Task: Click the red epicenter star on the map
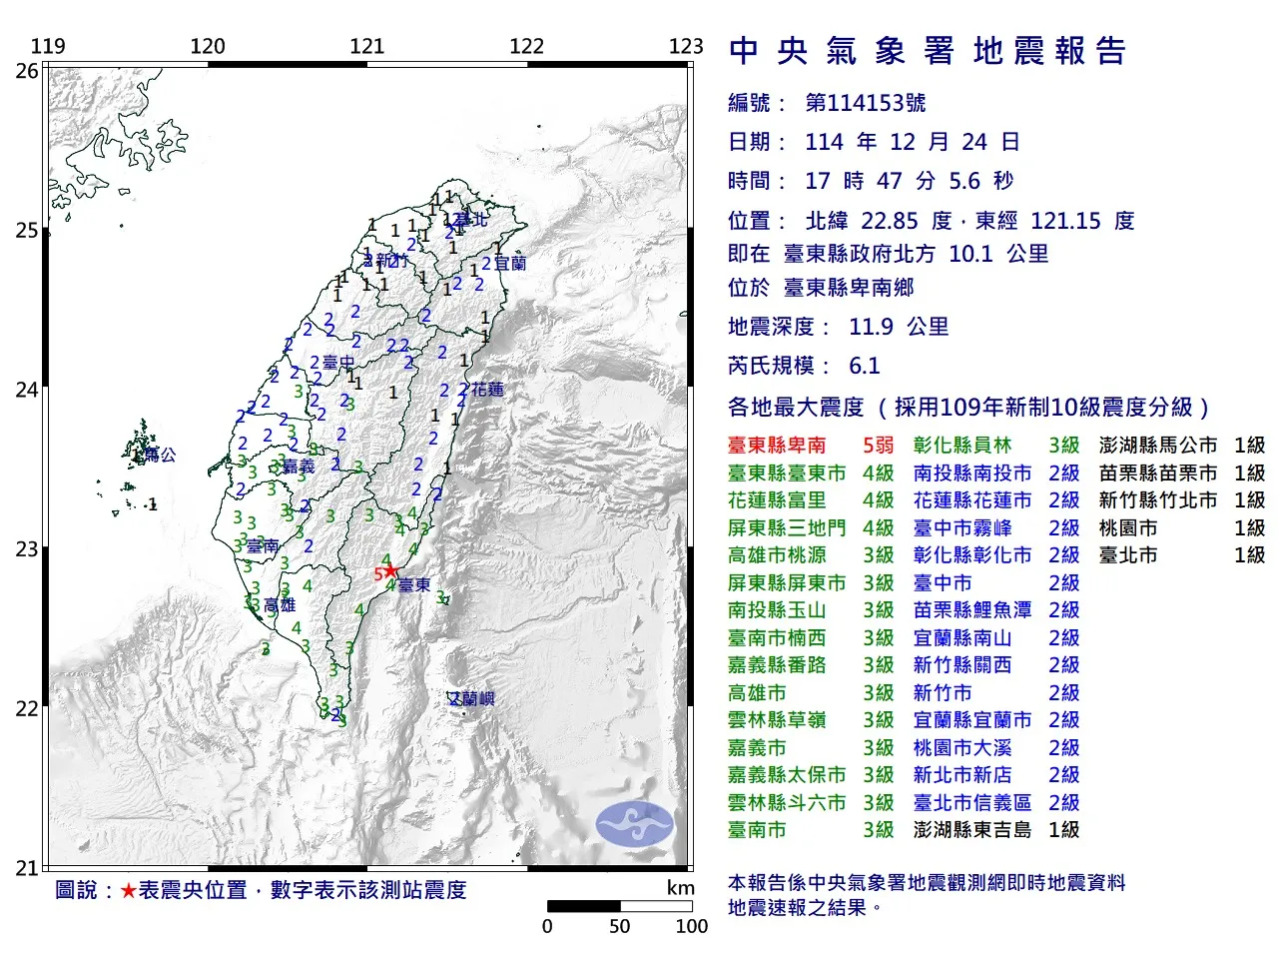(x=390, y=571)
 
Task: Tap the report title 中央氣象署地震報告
(x=928, y=51)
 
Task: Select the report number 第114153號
(x=865, y=103)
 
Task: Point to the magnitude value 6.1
(x=864, y=366)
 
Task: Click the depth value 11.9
(x=871, y=327)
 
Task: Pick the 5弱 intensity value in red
(x=878, y=446)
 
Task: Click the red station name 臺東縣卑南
(x=777, y=446)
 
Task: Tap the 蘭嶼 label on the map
(x=473, y=699)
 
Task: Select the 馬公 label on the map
(x=160, y=455)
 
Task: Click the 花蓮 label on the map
(x=487, y=389)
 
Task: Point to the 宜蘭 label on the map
(x=509, y=264)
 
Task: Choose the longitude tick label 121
(x=367, y=46)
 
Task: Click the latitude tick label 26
(x=27, y=71)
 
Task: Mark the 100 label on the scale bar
(x=691, y=926)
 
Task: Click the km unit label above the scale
(x=680, y=888)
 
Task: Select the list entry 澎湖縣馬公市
(x=1157, y=446)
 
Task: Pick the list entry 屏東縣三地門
(x=786, y=527)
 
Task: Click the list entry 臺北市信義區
(x=971, y=802)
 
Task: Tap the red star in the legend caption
(x=128, y=890)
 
